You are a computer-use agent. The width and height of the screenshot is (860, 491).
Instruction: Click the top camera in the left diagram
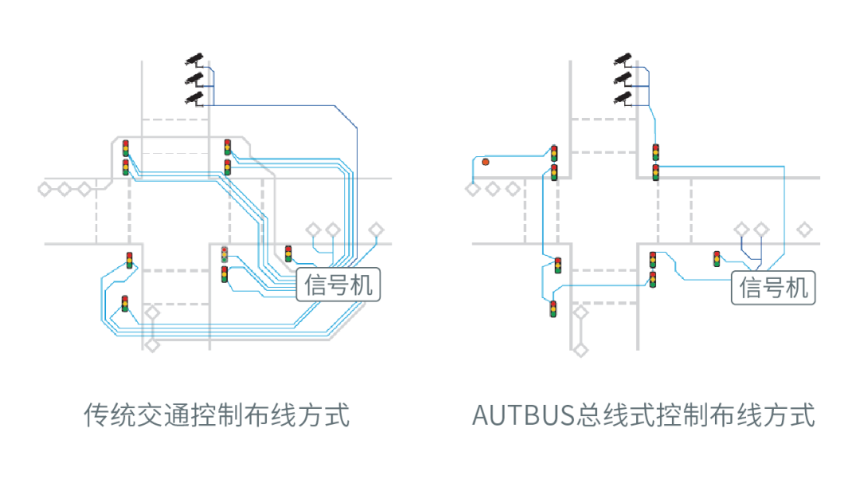pos(194,58)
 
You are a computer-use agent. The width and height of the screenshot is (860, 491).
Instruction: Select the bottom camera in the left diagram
pos(194,98)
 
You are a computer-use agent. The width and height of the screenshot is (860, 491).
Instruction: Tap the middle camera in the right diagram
pos(623,78)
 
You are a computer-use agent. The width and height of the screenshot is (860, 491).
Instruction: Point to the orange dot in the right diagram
pos(485,162)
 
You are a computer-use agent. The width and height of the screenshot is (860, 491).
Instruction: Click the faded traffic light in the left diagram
pos(225,255)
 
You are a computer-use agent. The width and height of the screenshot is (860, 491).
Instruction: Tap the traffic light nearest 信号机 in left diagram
pos(288,253)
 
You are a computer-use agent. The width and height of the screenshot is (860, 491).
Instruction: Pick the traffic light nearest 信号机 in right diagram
pos(717,258)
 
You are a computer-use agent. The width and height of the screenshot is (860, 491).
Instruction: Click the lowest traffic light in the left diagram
pos(125,304)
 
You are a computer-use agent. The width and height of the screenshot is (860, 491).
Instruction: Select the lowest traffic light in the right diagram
pos(553,308)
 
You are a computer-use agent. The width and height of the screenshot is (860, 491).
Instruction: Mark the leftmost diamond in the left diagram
pos(45,189)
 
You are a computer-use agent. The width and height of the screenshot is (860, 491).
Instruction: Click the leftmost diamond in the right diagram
pos(472,189)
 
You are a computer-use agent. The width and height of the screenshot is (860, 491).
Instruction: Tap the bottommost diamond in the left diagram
pos(151,344)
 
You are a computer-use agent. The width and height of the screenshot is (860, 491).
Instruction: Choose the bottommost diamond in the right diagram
pos(580,349)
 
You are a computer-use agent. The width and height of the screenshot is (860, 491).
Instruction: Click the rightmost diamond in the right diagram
pos(805,230)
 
